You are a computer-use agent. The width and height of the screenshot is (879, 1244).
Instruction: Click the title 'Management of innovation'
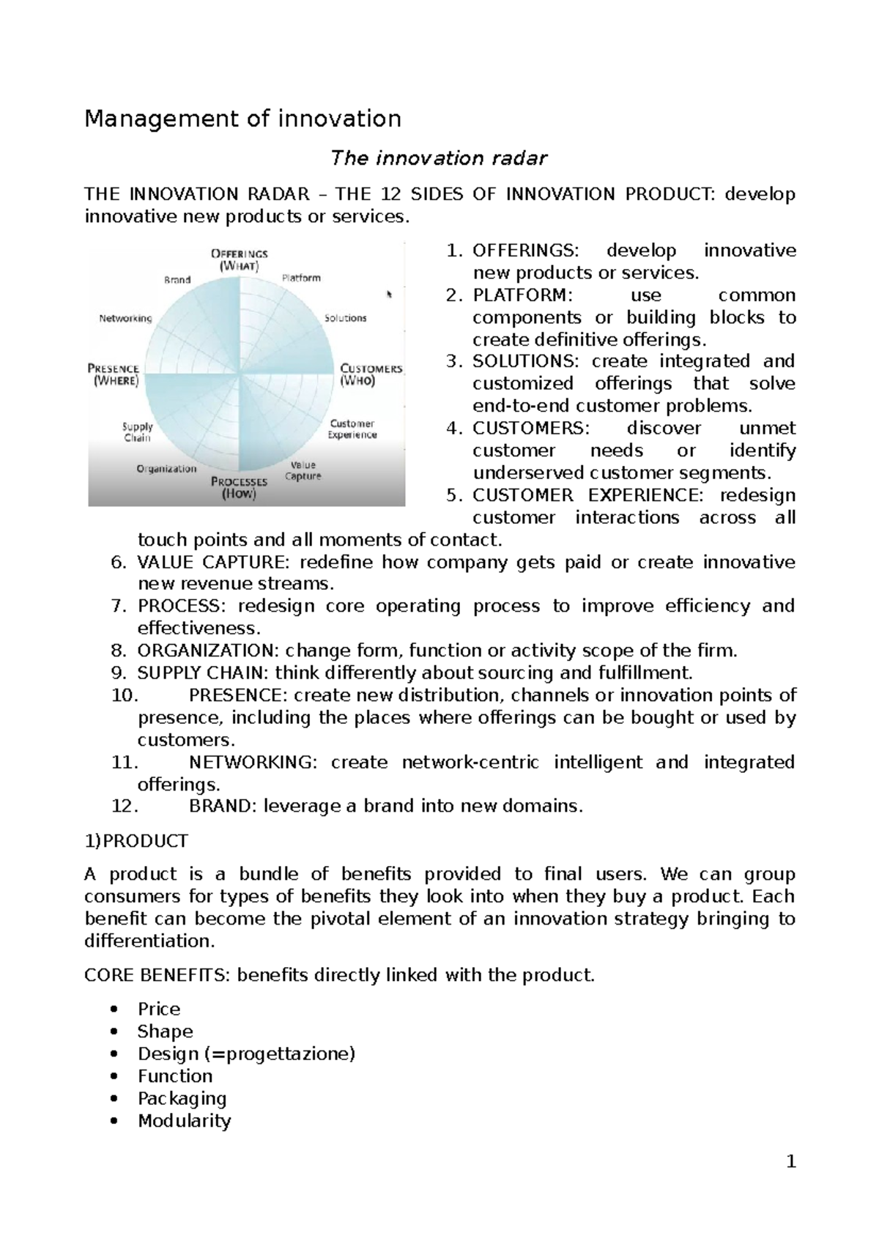(x=242, y=119)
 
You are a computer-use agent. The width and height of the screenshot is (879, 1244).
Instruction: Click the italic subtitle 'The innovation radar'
(x=439, y=158)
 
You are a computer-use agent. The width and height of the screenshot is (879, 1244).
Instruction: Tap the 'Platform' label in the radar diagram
(x=301, y=278)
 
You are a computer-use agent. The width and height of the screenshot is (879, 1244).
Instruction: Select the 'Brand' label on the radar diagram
(x=177, y=280)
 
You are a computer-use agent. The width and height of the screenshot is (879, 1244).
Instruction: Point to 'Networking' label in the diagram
(x=125, y=319)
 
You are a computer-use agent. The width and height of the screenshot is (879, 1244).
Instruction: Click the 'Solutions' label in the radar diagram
(x=345, y=318)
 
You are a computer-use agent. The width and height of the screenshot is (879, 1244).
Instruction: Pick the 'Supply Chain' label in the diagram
(x=138, y=432)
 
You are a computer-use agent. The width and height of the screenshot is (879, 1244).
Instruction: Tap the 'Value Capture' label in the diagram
(x=303, y=470)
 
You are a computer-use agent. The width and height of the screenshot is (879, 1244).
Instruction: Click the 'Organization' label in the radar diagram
(x=166, y=469)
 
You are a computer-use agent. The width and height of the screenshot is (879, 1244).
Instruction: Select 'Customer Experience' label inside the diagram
(x=352, y=429)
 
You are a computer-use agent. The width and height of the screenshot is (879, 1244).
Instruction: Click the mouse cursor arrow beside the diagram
(x=390, y=295)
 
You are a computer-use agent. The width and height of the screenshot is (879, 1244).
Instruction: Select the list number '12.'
(x=124, y=807)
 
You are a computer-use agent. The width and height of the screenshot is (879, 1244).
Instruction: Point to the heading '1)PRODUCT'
(x=136, y=841)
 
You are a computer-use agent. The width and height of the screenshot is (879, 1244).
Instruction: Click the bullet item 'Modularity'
(x=184, y=1121)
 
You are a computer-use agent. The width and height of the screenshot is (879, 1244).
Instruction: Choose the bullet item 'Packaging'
(x=182, y=1098)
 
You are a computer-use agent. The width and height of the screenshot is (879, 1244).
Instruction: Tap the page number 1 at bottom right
(x=790, y=1162)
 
